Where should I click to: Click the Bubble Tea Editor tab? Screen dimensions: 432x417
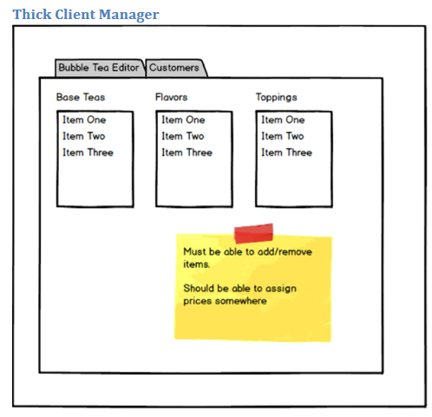pos(100,68)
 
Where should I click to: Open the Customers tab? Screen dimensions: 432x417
pos(176,68)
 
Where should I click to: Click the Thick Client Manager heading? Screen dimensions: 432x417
pos(86,14)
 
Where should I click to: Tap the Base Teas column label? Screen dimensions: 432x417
pos(81,97)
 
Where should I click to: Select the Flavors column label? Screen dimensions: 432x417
pos(172,97)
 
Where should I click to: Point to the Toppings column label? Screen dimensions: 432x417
pos(277,97)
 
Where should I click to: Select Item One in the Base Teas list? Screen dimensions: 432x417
pos(84,120)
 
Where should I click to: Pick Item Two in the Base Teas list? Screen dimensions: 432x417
pos(84,136)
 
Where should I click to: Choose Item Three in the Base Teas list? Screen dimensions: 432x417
pos(88,153)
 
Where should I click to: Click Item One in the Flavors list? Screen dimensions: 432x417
pos(183,120)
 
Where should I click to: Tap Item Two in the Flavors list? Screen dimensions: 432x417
pos(183,136)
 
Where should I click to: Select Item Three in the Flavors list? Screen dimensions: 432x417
pos(187,153)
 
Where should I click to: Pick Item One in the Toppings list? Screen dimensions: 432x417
pos(283,120)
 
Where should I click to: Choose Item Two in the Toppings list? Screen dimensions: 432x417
pos(283,136)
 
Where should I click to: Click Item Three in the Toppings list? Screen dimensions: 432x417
pos(287,153)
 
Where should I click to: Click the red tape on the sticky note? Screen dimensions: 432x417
pos(253,233)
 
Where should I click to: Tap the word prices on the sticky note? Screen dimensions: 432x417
pos(198,302)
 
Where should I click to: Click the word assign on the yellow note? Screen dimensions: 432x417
pos(281,289)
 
